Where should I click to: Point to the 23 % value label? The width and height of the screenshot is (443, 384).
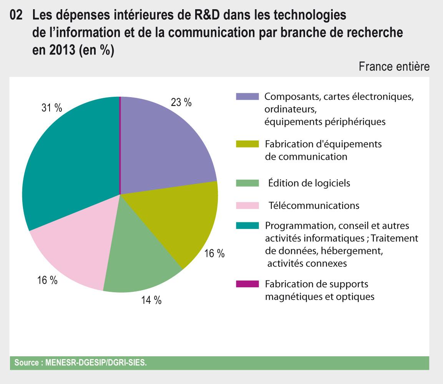point(181,103)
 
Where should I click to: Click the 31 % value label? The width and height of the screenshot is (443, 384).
point(52,108)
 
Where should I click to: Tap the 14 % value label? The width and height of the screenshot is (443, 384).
point(151,300)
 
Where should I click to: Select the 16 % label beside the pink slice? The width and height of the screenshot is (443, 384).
point(47,280)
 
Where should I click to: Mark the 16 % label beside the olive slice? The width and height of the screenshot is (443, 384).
point(214,254)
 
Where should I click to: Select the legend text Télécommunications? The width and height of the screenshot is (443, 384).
point(314,205)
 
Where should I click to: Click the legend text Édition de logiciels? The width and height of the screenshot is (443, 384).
point(309,183)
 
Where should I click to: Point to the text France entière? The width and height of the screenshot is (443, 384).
point(394,67)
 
